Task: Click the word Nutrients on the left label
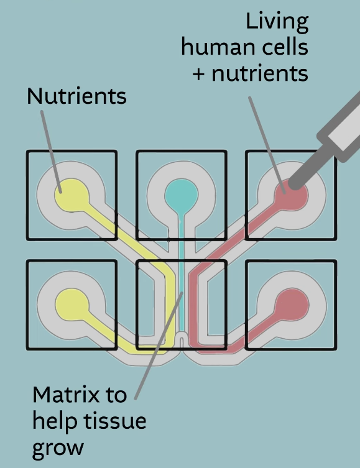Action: click(76, 96)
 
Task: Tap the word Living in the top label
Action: click(277, 22)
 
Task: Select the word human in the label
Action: click(215, 47)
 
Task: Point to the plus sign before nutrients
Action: click(198, 74)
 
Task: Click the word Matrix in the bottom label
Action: click(67, 395)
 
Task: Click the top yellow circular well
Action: click(72, 196)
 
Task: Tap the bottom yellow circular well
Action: click(72, 306)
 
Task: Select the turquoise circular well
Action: click(181, 196)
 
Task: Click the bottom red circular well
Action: click(292, 306)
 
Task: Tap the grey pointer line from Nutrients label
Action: click(52, 152)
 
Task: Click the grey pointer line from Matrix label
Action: click(159, 346)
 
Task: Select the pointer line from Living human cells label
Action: click(267, 145)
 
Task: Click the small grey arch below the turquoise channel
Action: click(181, 340)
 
